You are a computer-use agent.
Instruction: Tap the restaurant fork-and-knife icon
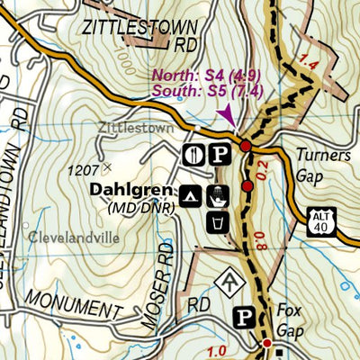point(193,154)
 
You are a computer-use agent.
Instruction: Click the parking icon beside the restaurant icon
point(218,154)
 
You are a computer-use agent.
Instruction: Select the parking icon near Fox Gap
point(243,316)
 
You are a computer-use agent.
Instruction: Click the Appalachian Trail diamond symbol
point(229,280)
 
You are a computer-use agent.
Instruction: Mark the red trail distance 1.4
point(310,63)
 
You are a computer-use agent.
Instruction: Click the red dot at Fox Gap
point(267,343)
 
